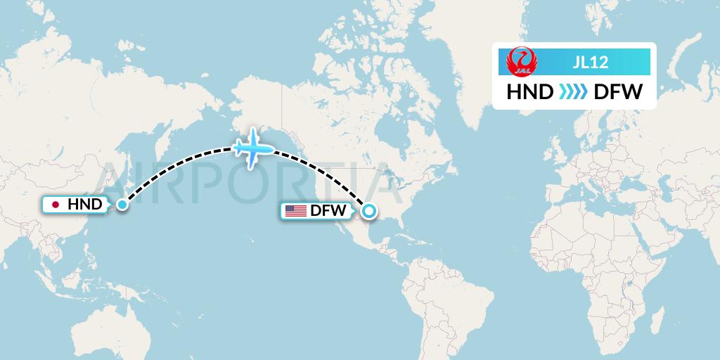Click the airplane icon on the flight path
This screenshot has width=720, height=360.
(253, 148)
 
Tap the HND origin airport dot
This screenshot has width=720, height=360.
(122, 205)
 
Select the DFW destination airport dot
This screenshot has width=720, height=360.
(368, 210)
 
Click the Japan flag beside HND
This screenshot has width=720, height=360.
(56, 205)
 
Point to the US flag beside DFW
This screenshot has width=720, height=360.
(295, 210)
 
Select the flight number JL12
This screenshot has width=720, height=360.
(590, 62)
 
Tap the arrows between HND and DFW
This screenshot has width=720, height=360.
(573, 91)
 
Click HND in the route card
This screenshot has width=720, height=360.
(529, 91)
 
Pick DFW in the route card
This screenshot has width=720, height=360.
(617, 91)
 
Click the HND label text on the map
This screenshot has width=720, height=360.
(84, 205)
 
